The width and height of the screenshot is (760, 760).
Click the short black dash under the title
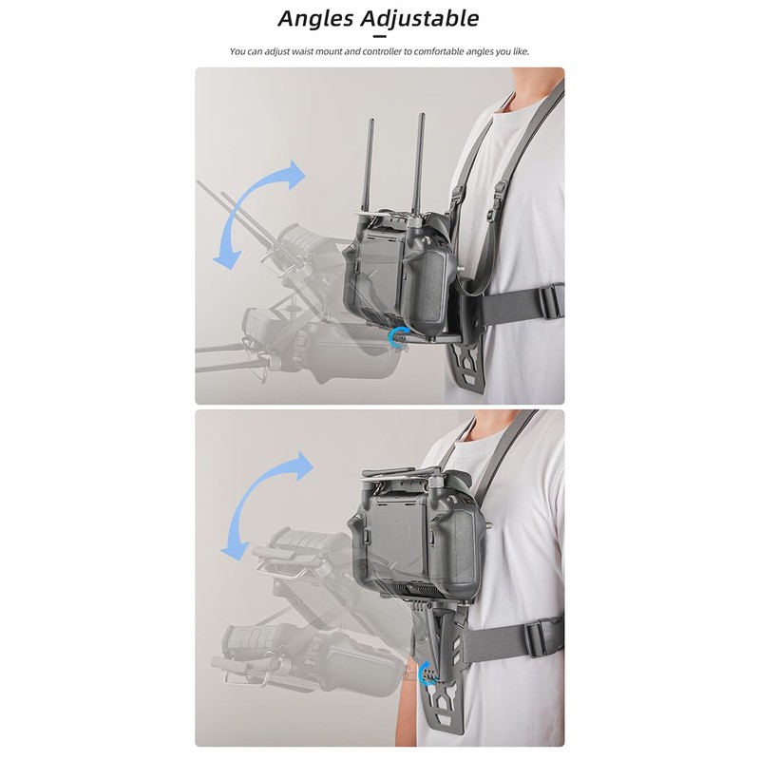[379, 36]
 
